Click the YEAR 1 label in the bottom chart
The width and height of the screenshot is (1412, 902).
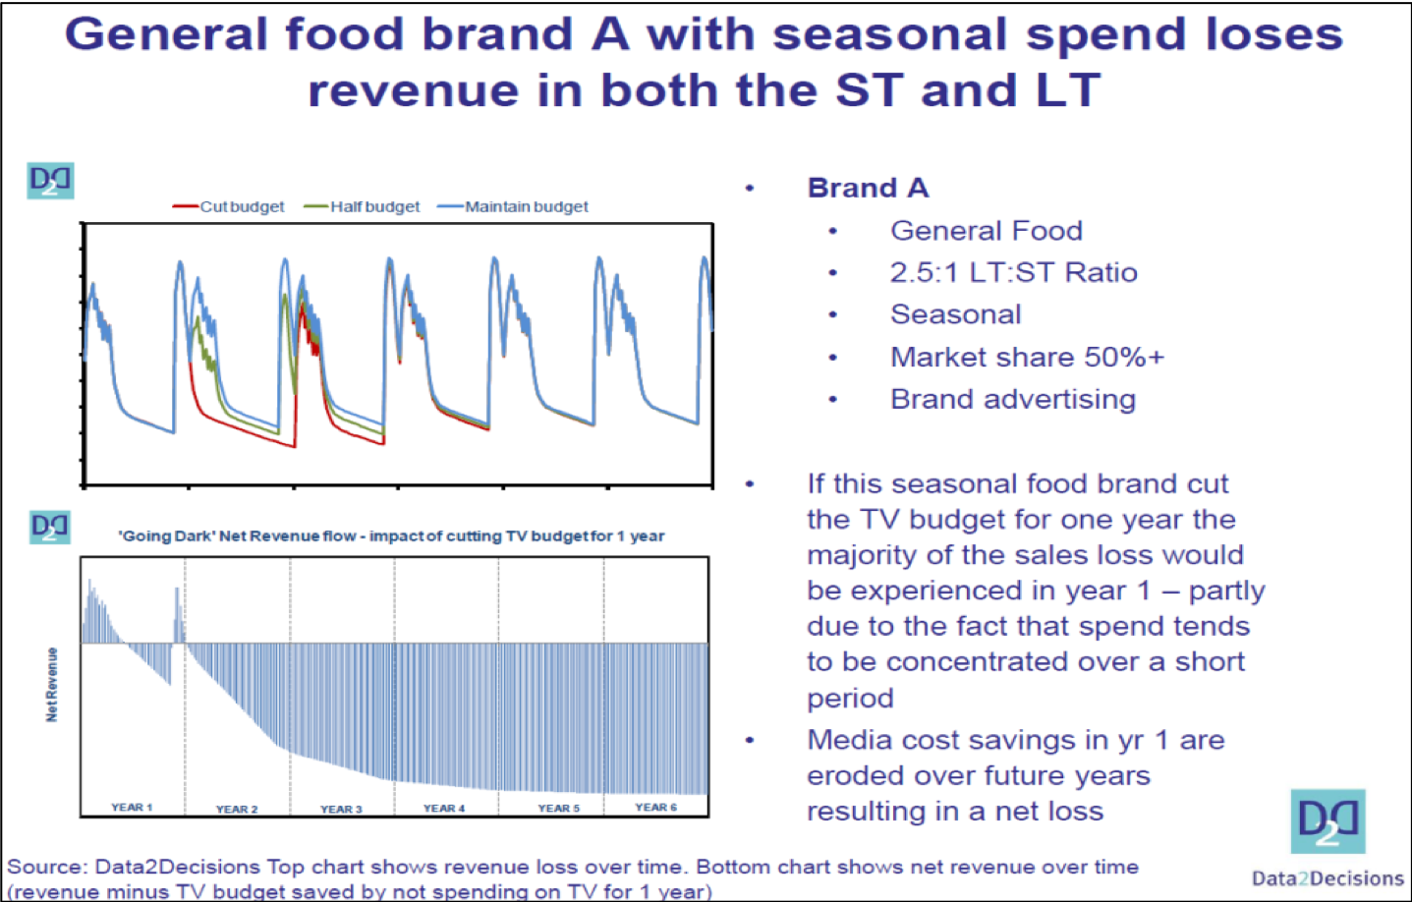pos(132,807)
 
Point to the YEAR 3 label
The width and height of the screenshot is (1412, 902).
pos(341,809)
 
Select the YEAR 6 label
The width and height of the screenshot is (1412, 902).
pos(655,807)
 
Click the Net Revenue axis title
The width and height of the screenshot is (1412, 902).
pos(52,685)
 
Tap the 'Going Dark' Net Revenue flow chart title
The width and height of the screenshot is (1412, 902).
pos(391,536)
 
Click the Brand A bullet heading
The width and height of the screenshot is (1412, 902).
pos(868,188)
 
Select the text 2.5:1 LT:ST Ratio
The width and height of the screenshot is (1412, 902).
pos(1013,272)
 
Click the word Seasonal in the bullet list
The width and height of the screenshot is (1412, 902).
pos(955,314)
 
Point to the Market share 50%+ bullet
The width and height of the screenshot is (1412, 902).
pos(1027,357)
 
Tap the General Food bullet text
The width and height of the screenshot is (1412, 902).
pos(986,231)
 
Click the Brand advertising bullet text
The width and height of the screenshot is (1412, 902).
pos(1012,399)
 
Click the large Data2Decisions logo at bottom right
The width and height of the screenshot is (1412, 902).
pos(1327,821)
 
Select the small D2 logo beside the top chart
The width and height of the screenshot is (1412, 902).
pos(50,180)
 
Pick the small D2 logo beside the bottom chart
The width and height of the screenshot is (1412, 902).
pos(50,527)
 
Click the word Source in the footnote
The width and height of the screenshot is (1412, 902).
pos(45,867)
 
